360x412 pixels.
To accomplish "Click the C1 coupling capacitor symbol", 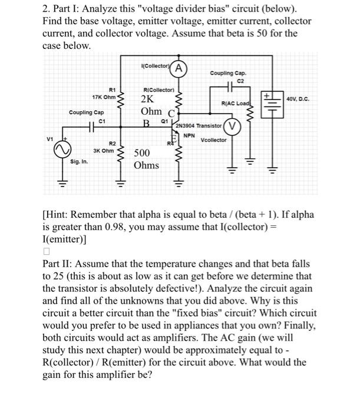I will pyautogui.click(x=94, y=126).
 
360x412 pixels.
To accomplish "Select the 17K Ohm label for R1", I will pyautogui.click(x=104, y=97).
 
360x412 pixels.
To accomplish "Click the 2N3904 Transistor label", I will pyautogui.click(x=197, y=125).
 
